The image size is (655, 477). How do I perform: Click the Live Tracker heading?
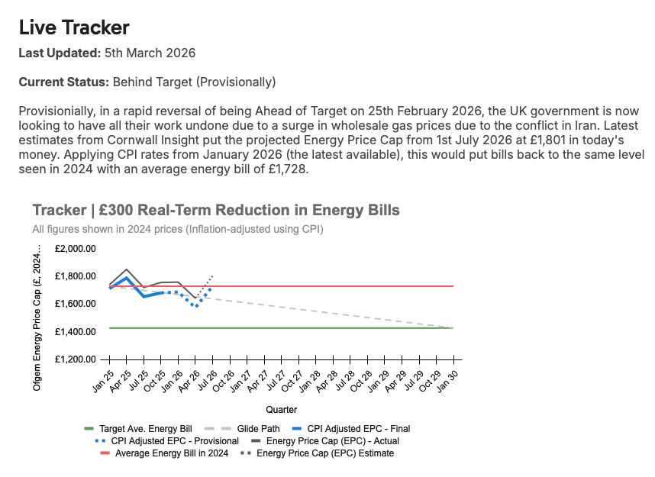(74, 28)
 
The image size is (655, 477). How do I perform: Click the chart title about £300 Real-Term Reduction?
(216, 210)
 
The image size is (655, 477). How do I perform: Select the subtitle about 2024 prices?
(178, 228)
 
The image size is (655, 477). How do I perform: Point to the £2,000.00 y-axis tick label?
(75, 249)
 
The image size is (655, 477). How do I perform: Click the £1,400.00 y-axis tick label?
(75, 332)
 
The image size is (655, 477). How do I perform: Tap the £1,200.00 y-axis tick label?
(75, 359)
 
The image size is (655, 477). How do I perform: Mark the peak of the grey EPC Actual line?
(126, 269)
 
